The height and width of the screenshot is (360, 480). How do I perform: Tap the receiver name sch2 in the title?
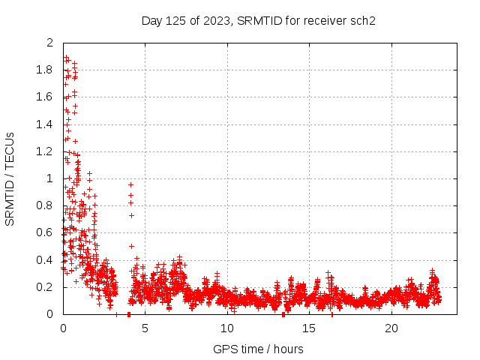point(362,20)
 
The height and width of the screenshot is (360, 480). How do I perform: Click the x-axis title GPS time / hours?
point(258,349)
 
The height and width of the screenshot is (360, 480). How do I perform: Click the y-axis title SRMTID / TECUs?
point(10,178)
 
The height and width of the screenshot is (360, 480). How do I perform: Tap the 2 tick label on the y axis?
point(49,43)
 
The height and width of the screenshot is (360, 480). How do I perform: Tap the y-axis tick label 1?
point(49,178)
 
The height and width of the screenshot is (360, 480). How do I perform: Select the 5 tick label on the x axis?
point(145,328)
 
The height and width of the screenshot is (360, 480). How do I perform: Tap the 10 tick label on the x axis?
point(227,328)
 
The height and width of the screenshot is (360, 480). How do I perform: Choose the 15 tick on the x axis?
point(310,328)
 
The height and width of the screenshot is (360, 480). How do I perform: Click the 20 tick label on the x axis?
point(391,328)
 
